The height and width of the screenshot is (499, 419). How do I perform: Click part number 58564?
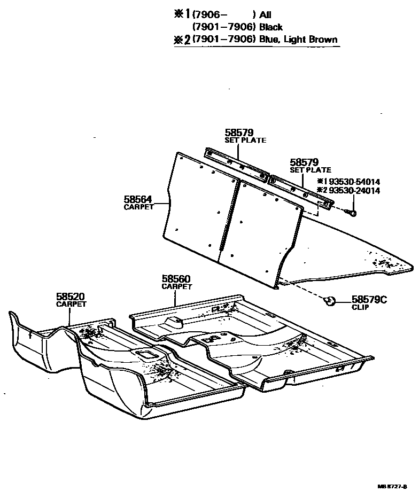139,199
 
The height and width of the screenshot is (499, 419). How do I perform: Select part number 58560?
176,279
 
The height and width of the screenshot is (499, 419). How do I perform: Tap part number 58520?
71,297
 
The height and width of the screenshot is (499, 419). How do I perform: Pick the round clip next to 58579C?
330,301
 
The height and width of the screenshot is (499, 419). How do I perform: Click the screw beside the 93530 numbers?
352,214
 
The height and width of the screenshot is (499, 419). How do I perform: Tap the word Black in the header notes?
271,27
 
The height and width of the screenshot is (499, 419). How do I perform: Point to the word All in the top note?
265,15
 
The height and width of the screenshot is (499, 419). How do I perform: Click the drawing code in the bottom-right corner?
392,486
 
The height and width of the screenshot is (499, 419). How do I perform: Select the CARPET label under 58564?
138,207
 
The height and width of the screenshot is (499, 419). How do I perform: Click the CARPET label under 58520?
71,304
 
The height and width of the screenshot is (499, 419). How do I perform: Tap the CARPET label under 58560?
176,286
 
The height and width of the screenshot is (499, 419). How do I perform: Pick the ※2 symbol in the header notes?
183,40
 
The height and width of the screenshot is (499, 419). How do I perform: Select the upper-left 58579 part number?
239,132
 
